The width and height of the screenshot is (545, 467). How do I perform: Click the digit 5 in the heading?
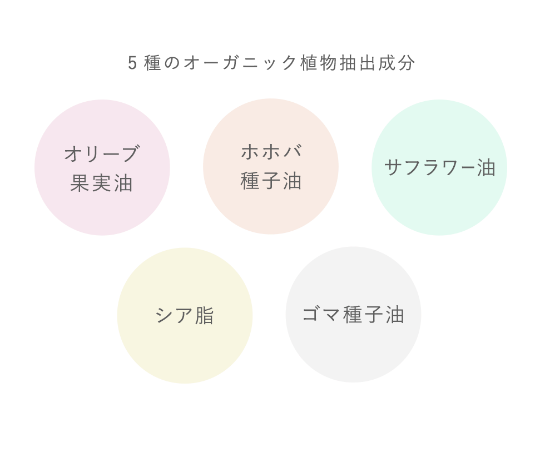point(132,63)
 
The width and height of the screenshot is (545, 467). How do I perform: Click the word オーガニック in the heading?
point(240,63)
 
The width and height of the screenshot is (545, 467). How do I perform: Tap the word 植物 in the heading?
point(319,63)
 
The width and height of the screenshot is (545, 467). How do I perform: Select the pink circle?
point(102,167)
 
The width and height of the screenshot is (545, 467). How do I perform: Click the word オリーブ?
point(102,153)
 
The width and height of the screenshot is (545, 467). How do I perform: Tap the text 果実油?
point(101,183)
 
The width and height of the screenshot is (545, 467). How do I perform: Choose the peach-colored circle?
point(271,166)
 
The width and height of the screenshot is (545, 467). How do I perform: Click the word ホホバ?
point(271,152)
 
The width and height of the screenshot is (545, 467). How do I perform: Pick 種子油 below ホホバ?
point(271,181)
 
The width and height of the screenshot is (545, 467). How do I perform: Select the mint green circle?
point(439,167)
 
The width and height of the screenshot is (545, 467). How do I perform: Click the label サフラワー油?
point(440,167)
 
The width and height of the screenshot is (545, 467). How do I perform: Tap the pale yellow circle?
point(185,316)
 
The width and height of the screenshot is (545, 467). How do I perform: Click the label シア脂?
point(185,316)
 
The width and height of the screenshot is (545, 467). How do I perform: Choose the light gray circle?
point(354,315)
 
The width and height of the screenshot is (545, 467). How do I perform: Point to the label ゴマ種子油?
point(354,315)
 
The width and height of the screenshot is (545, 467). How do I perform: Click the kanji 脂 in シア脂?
point(205,316)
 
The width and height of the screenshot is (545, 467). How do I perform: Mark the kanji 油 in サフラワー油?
point(486,167)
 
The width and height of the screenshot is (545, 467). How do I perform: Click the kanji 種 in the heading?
point(152,63)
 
